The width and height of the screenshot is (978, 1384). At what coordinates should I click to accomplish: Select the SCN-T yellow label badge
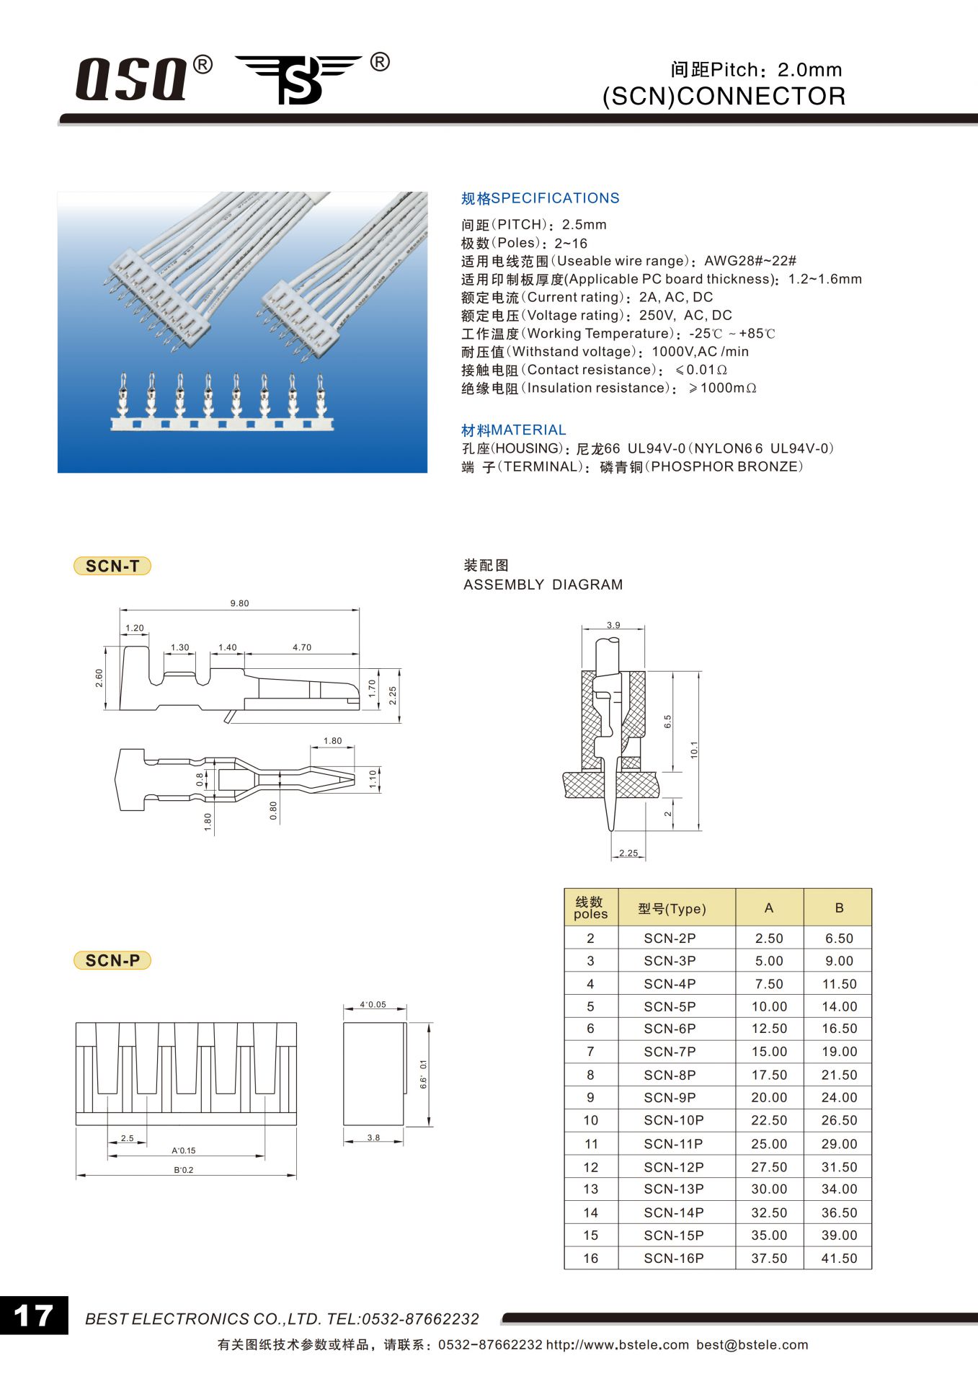tap(112, 566)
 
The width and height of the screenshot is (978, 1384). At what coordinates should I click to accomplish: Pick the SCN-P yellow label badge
tap(112, 960)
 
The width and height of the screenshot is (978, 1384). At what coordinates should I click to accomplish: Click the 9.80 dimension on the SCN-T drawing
tap(239, 603)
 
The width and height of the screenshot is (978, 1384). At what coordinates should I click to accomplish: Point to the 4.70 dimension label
tap(302, 647)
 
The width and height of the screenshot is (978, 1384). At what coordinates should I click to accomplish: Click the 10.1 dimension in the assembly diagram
tap(693, 750)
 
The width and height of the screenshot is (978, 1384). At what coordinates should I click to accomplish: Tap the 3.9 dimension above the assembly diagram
tap(613, 625)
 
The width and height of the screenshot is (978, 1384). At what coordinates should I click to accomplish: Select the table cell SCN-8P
tap(670, 1075)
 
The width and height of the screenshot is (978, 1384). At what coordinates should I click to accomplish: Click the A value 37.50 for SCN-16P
tap(769, 1258)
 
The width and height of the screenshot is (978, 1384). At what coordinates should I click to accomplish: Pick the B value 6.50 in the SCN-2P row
tap(839, 939)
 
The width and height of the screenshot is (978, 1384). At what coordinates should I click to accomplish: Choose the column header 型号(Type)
tap(672, 908)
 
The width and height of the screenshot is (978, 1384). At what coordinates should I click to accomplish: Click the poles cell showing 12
tap(590, 1167)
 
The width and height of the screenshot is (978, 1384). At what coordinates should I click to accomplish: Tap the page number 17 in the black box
tap(34, 1316)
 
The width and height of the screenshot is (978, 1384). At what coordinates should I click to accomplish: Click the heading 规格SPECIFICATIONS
tap(540, 198)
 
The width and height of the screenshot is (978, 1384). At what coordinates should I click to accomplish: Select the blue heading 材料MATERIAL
tap(513, 430)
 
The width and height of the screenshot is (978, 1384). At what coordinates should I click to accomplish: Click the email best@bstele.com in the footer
tap(752, 1344)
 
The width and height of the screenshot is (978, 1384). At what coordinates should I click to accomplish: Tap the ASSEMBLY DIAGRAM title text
tap(543, 585)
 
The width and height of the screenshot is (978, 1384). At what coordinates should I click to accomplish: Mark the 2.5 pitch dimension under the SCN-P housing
tap(128, 1138)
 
